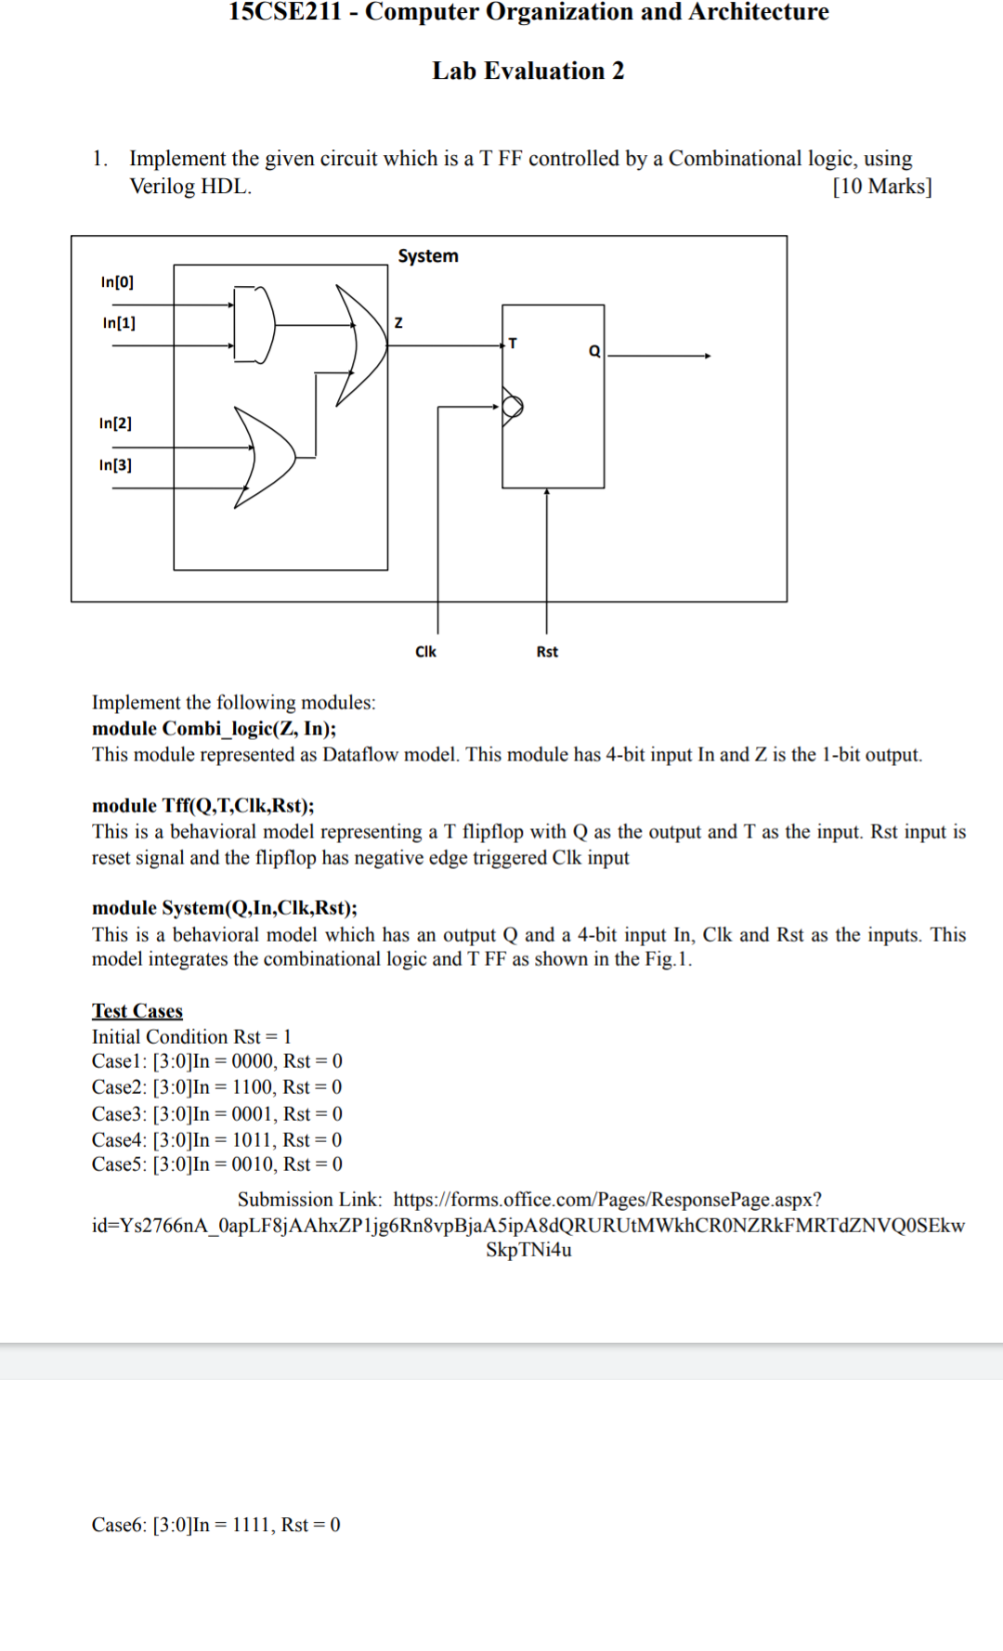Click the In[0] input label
[117, 282]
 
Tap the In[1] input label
[119, 323]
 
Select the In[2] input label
[115, 423]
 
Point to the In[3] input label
[115, 465]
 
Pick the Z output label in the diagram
[398, 323]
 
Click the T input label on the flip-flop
[513, 344]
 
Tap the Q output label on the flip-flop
[594, 351]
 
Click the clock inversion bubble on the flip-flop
[513, 406]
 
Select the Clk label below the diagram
[425, 652]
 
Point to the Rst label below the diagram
[547, 652]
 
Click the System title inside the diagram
[428, 256]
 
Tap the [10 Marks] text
[882, 187]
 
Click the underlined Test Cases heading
[137, 1010]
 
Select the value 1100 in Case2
[253, 1087]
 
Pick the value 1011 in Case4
[253, 1139]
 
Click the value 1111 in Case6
[253, 1525]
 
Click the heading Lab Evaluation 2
[528, 71]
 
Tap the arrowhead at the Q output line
[708, 356]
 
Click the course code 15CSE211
[285, 12]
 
